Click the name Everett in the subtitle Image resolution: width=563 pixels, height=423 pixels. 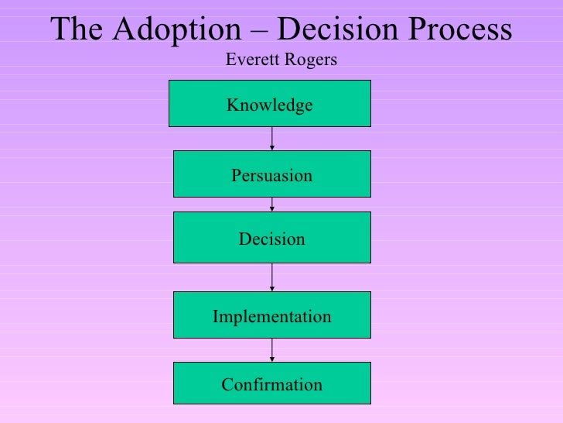tap(250, 60)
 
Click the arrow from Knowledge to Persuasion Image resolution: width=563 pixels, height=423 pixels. tap(272, 139)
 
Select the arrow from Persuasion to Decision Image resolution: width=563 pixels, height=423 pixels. tap(272, 205)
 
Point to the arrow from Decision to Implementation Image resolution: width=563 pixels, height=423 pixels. tap(272, 277)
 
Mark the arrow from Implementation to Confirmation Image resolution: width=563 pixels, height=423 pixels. tap(272, 349)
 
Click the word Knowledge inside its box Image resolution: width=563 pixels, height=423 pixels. tap(270, 105)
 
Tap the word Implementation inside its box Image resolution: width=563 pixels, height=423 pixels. tap(271, 317)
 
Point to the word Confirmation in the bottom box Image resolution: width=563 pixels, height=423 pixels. tap(271, 384)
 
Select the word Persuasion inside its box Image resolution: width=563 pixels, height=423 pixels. tap(271, 176)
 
